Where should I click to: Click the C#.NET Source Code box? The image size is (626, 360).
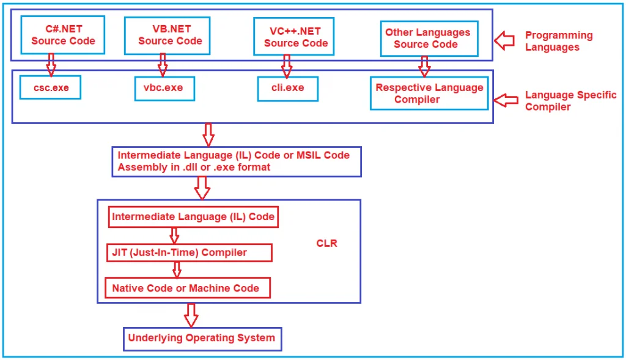[63, 35]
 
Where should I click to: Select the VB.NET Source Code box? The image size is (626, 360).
[167, 35]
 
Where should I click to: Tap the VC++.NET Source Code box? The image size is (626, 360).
[296, 37]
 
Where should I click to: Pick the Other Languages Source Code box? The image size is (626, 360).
[427, 38]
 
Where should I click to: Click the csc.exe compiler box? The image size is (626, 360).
[51, 88]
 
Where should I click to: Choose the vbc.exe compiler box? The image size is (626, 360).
[164, 88]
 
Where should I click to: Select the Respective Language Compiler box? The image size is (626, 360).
[429, 94]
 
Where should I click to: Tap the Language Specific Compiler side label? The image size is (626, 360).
[570, 101]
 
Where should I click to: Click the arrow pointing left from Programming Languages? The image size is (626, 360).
[505, 41]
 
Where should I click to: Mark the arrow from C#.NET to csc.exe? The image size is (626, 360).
[51, 64]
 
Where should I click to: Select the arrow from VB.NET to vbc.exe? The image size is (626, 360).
[163, 64]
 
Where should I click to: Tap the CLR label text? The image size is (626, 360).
[326, 243]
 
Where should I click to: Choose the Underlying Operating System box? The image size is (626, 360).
[202, 338]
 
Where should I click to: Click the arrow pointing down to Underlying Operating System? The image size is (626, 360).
[191, 315]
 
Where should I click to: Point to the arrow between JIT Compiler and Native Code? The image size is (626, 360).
[177, 270]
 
